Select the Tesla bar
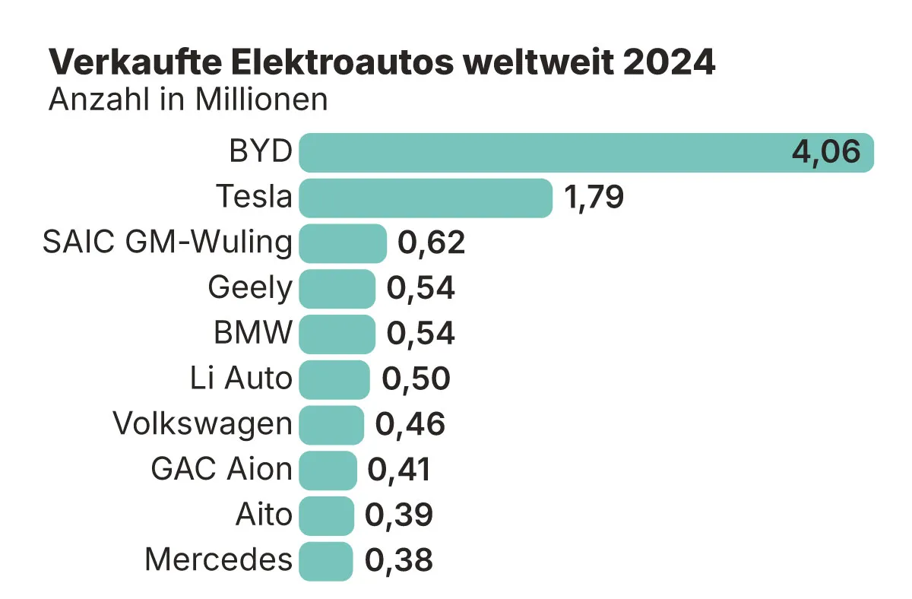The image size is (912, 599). (426, 198)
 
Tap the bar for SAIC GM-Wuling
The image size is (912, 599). (343, 243)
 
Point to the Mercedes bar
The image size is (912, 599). (326, 561)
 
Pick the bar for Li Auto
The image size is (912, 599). (334, 379)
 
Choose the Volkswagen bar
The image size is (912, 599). (331, 425)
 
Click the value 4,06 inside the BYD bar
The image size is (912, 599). (826, 152)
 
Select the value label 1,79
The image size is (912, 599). (594, 198)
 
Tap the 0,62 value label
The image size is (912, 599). (431, 243)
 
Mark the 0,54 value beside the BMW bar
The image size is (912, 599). (421, 334)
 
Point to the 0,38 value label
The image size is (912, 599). (399, 561)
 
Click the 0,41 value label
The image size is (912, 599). (399, 471)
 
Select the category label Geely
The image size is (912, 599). (249, 289)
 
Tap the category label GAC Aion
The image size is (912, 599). (221, 471)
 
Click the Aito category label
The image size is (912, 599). (264, 515)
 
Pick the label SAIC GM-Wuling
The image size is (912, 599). (167, 243)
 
